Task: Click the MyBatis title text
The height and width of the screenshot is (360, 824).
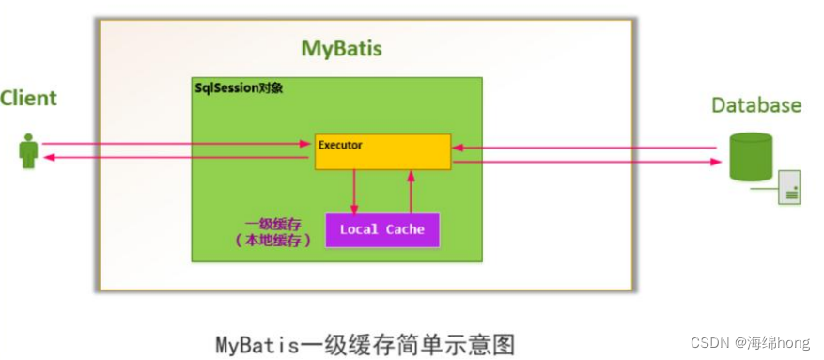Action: pos(341,49)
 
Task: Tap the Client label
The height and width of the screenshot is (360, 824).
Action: pos(28,98)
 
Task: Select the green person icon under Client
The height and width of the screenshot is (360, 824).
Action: pos(29,151)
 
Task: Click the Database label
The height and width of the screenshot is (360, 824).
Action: pos(755,104)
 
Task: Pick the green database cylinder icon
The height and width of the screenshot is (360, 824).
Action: pos(751,156)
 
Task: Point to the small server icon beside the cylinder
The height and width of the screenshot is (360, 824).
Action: pos(787,188)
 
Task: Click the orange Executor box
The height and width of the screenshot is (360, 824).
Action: pos(382,151)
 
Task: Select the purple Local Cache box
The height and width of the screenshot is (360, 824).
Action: pos(381,229)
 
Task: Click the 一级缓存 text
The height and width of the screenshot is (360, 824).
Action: pos(265,224)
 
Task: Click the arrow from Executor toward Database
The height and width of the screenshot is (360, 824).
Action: pos(592,162)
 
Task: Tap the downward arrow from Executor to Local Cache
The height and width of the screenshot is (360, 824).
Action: pos(354,192)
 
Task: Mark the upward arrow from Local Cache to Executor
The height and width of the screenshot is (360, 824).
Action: pos(410,192)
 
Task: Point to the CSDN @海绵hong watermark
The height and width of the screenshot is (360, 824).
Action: pos(756,343)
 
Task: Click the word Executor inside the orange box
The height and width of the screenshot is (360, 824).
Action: pos(340,145)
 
